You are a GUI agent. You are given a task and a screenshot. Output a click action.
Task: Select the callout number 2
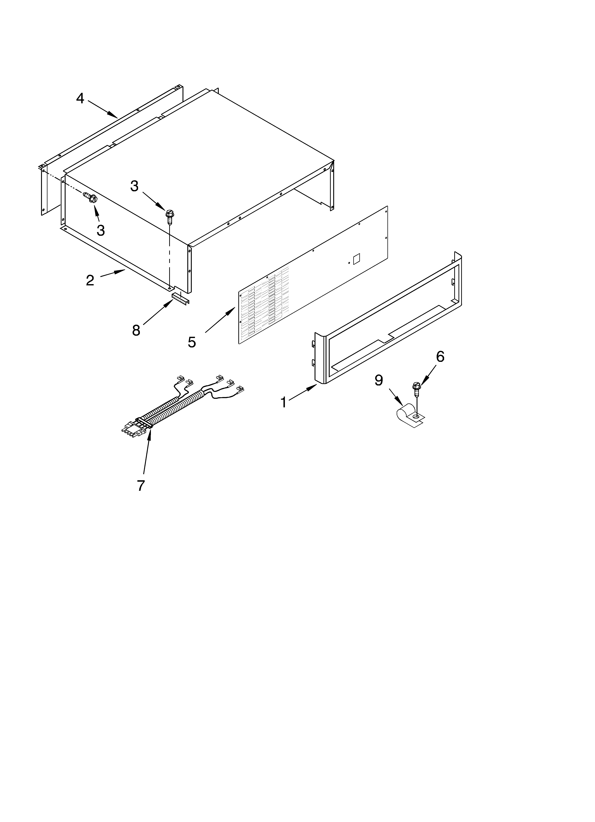[90, 280]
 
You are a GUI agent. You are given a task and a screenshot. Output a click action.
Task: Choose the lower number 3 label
[101, 230]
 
